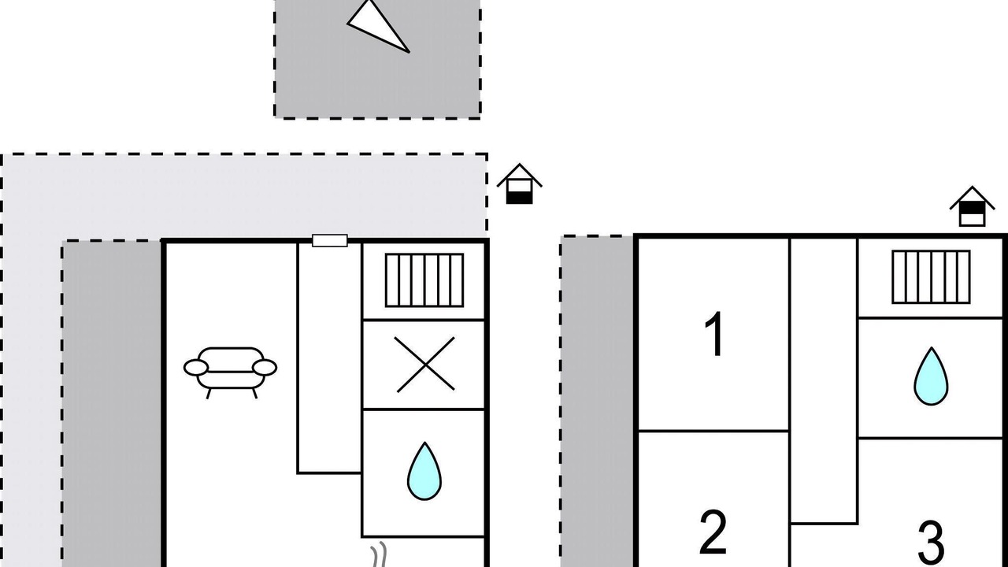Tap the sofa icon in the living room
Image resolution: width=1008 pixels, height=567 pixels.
(231, 370)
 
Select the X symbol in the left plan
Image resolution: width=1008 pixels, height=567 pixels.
(425, 365)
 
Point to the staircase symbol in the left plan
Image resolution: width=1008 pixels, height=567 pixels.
(424, 280)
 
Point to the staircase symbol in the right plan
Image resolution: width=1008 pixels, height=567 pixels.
(931, 276)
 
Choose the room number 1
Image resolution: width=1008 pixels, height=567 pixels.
(713, 335)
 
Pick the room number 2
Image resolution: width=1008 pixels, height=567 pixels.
(713, 532)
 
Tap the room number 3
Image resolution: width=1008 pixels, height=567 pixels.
(931, 542)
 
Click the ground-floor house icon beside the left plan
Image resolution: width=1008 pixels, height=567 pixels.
(520, 184)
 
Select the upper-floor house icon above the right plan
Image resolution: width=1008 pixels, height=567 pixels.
(972, 206)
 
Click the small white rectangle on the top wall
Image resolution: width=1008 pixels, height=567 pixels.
(330, 240)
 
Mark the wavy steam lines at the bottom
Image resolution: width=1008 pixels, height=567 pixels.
(380, 554)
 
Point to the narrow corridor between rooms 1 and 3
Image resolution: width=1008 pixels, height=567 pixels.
(823, 378)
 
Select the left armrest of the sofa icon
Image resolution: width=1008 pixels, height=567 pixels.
(196, 368)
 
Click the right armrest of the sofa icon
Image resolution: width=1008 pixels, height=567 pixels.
(265, 368)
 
